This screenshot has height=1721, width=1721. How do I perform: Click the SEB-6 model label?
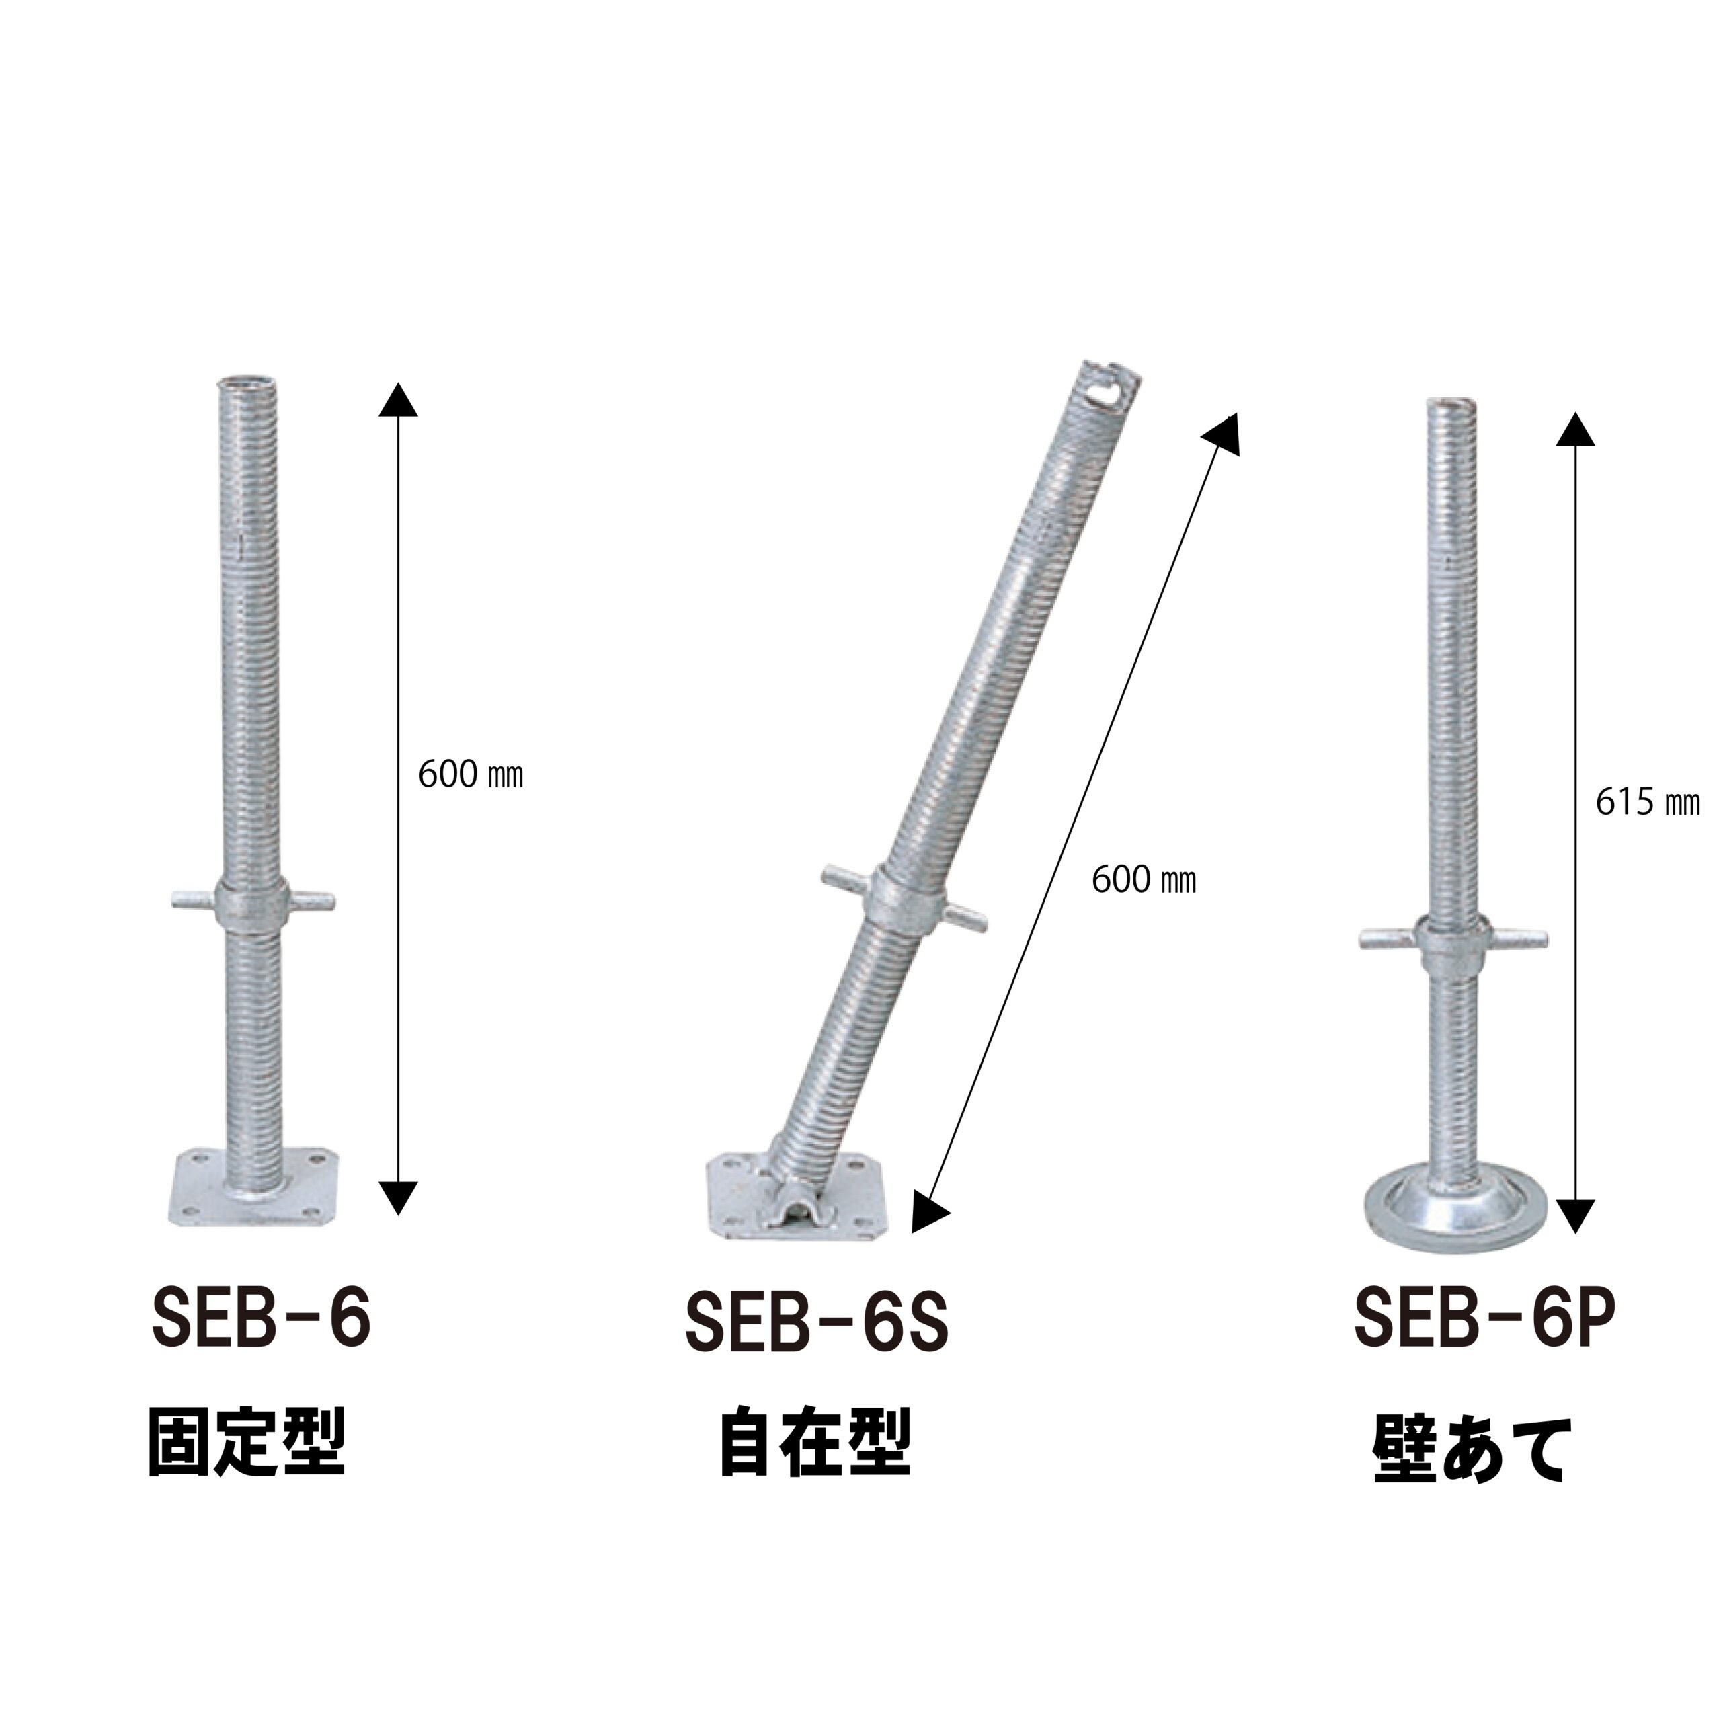(261, 1318)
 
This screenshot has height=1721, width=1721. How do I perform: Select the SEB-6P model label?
(1485, 1318)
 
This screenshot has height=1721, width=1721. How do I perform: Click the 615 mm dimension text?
(1648, 803)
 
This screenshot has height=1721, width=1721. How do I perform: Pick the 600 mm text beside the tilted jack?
(1144, 880)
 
